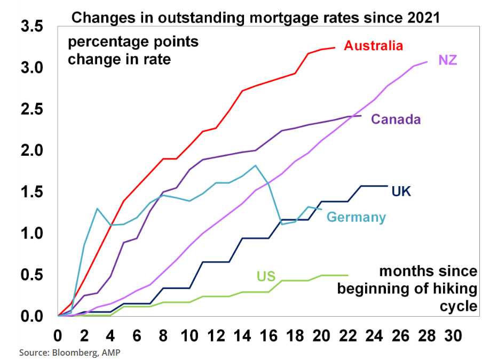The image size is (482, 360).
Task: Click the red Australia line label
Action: coord(373,46)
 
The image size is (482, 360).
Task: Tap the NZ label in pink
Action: coord(447,60)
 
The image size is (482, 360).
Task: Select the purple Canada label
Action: coord(396,119)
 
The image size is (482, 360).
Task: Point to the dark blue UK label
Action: coord(401,191)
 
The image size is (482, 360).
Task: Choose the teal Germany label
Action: coord(355,217)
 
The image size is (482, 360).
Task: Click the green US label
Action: coord(265,276)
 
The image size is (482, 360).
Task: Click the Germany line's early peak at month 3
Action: coord(97,209)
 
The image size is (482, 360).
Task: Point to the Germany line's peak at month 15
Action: coord(256,165)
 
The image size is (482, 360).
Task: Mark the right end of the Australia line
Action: coord(335,47)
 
